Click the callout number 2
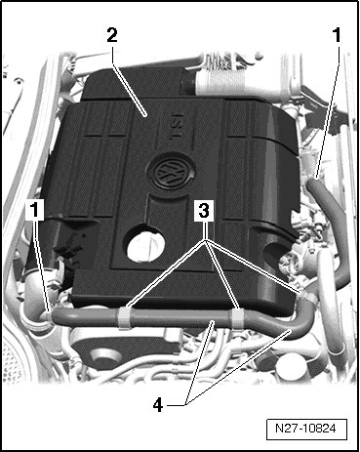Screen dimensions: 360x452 coord(112,35)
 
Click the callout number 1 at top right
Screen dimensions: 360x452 coord(337,35)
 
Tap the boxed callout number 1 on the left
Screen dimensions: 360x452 coord(34,210)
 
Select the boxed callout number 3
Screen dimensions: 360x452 coord(204,211)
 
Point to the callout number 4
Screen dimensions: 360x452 coord(158,405)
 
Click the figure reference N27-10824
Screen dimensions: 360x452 coord(306,429)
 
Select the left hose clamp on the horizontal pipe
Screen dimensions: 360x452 coord(125,317)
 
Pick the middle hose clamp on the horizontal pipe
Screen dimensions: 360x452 coord(237,319)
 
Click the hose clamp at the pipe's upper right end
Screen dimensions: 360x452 coord(306,295)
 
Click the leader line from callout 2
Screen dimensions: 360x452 coord(128,80)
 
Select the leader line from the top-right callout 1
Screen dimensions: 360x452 coord(328,111)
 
